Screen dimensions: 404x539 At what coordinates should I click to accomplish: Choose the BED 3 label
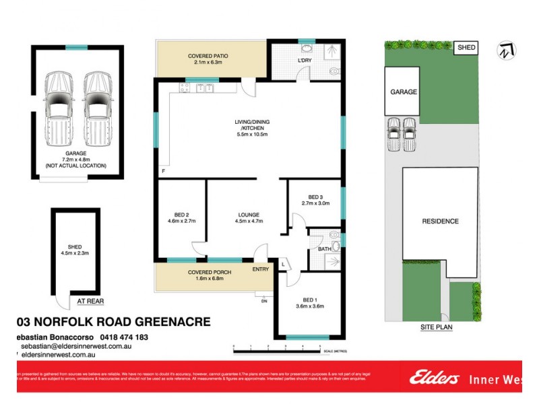click(x=315, y=196)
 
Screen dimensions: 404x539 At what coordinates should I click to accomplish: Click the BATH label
click(x=324, y=250)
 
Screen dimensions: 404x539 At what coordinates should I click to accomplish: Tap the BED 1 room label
click(x=311, y=300)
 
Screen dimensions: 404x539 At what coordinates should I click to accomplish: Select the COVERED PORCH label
click(x=209, y=271)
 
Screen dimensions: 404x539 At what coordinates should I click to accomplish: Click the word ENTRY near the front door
click(x=261, y=269)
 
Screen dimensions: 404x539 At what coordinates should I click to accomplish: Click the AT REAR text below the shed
click(x=90, y=302)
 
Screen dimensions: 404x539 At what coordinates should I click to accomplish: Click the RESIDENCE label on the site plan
click(x=441, y=221)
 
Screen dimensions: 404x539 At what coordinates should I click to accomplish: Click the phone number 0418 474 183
click(x=123, y=337)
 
